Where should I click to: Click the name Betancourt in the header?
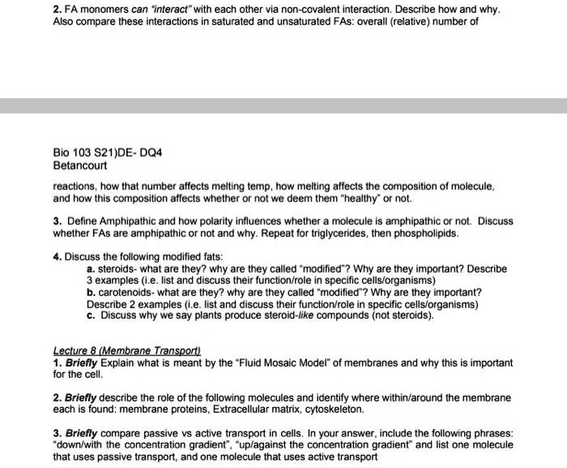click(79, 164)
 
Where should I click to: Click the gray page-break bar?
click(283, 105)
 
